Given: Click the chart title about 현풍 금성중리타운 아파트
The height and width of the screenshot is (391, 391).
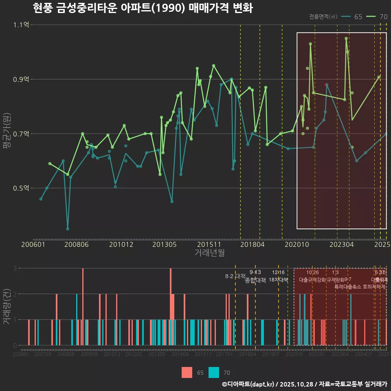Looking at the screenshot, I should [x=143, y=8].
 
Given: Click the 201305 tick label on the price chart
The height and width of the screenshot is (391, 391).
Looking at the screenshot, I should [x=164, y=244].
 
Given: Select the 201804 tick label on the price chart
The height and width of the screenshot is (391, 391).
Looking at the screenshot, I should [x=253, y=244].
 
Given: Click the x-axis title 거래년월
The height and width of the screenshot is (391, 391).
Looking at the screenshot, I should [x=209, y=253].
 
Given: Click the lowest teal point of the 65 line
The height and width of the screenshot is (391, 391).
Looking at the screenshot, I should [x=68, y=229].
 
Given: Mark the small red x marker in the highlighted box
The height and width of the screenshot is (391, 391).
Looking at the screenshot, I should [x=325, y=85].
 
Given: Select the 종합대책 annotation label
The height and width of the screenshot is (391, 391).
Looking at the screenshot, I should [x=255, y=280].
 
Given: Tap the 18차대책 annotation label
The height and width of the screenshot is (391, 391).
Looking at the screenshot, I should [x=278, y=280].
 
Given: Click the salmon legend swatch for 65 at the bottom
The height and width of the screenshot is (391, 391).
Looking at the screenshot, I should [x=187, y=372].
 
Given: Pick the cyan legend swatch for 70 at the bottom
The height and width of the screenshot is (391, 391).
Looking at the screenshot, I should [x=214, y=372].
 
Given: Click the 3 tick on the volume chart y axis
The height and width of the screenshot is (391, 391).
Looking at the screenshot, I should [x=15, y=268].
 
